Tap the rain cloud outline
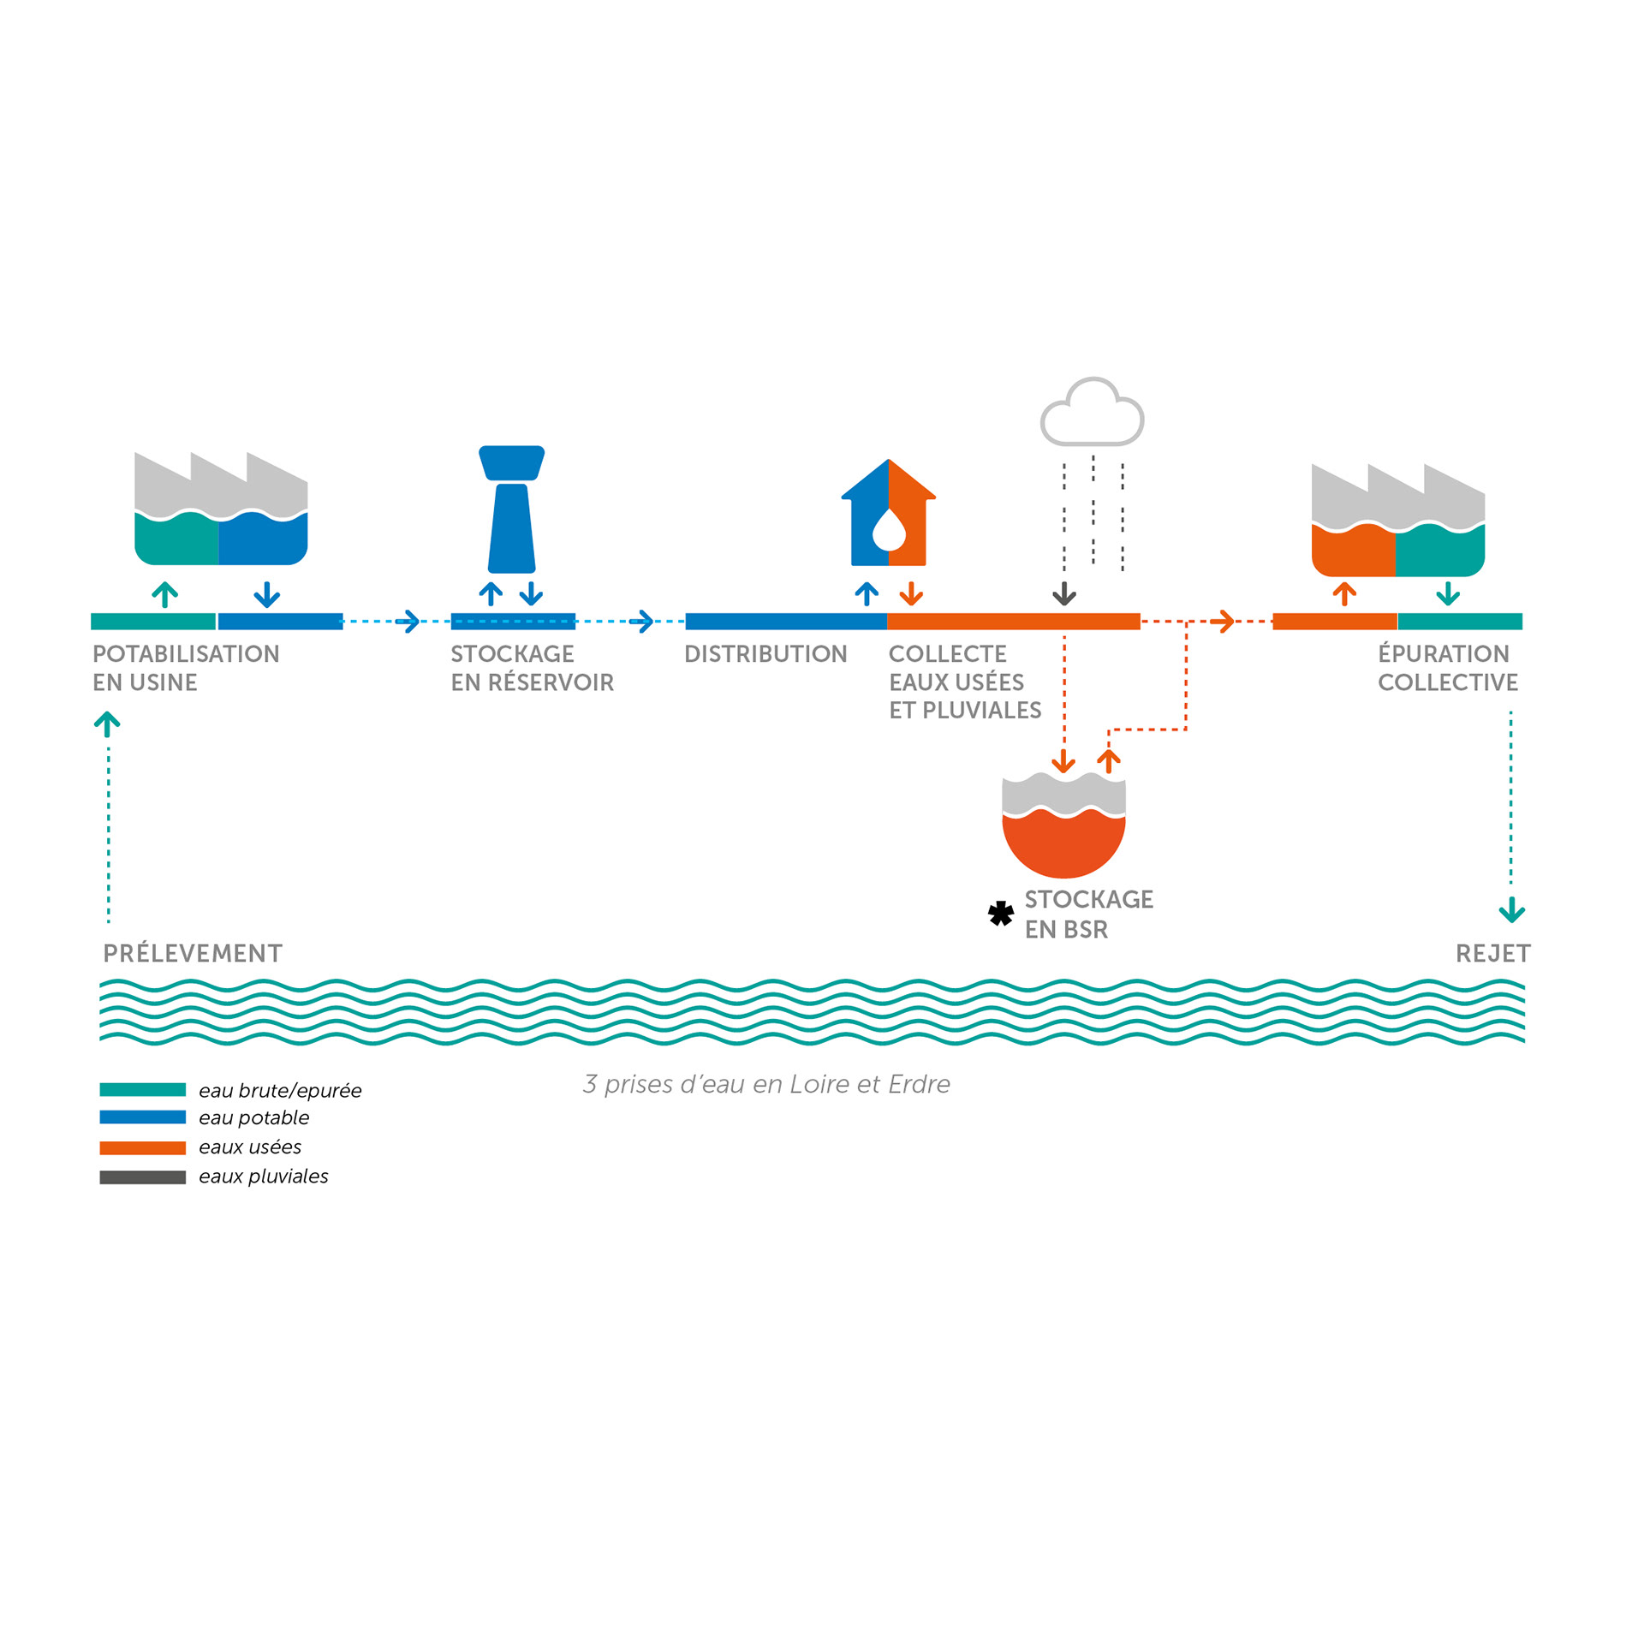click(x=1092, y=414)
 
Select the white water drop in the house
click(x=889, y=530)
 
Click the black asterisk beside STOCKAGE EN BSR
click(x=1000, y=914)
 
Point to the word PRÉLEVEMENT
click(x=193, y=953)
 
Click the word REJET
click(x=1492, y=953)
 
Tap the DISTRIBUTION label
click(x=765, y=654)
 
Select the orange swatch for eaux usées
click(x=142, y=1147)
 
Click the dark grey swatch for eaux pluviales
click(x=142, y=1177)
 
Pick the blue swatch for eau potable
click(x=142, y=1117)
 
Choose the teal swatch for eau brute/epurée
click(x=142, y=1089)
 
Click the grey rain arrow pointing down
click(x=1064, y=594)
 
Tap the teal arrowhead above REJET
click(x=1512, y=911)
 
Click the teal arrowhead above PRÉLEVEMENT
click(x=107, y=723)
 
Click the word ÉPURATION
click(x=1443, y=654)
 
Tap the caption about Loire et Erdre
click(x=766, y=1084)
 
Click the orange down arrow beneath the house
click(x=911, y=594)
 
